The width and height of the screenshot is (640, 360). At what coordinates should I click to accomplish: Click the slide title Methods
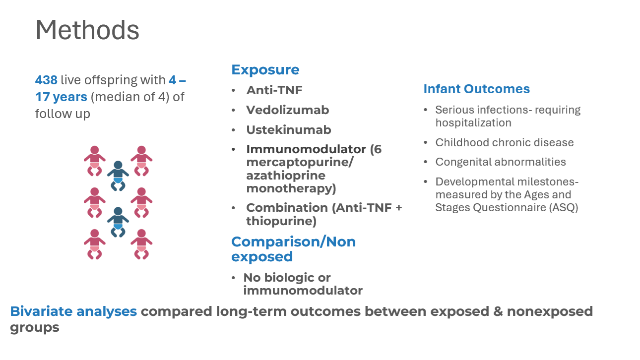point(87,30)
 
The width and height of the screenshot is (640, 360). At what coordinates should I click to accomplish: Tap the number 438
point(46,80)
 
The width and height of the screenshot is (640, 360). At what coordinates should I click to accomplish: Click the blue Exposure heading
point(265,70)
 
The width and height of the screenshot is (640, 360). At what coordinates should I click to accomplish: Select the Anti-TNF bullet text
point(274,90)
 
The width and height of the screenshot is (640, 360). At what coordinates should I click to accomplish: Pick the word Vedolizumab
point(288,110)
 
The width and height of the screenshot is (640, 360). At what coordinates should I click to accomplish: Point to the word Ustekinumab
point(289,130)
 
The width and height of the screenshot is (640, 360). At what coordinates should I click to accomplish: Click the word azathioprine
point(286,176)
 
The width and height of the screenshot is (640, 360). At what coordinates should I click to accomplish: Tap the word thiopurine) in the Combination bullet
point(281,221)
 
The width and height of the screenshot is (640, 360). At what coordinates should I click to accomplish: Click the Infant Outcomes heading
point(477,89)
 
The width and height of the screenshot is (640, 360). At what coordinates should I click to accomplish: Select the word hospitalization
point(473,123)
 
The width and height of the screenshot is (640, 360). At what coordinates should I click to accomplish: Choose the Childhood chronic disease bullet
point(505,142)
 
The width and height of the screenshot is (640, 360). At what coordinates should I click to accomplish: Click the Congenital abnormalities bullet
point(501,162)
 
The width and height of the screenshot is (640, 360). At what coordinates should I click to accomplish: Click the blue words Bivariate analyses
point(73,311)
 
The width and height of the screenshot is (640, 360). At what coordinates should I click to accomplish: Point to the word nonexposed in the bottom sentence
point(550,311)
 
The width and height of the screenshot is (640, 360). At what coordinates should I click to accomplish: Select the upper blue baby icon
point(118,176)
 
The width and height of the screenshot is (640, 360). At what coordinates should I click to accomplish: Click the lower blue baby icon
point(118,222)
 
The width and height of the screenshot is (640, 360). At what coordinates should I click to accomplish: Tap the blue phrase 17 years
point(61,97)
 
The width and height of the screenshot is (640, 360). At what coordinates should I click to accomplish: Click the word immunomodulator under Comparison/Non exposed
point(303,291)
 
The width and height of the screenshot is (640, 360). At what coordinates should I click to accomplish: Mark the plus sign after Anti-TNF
point(398,208)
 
